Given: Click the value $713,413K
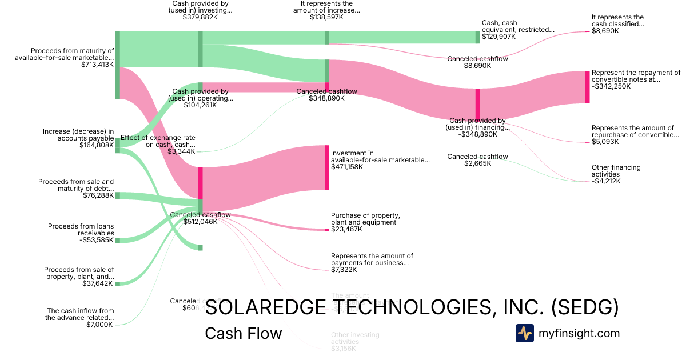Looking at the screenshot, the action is [98, 65].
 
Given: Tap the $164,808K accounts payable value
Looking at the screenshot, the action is [97, 146].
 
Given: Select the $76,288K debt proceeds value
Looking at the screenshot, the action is [98, 195].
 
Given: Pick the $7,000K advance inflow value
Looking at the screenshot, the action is [101, 325].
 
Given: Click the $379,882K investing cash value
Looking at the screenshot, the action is [200, 17].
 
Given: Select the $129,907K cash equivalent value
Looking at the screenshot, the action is [499, 37].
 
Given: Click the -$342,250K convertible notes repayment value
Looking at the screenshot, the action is [611, 86].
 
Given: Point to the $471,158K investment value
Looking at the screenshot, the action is [346, 167].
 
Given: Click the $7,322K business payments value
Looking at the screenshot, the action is [344, 270].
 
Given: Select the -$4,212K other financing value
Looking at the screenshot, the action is [606, 181].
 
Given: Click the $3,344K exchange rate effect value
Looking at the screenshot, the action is [182, 151].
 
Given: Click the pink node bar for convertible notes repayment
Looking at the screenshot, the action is [587, 87].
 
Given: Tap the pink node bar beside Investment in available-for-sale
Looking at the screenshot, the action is [327, 167].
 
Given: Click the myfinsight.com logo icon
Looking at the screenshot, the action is [524, 333].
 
